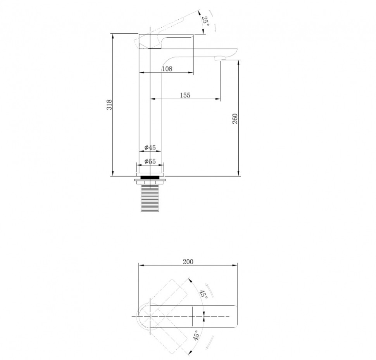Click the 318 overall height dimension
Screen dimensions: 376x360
pos(109,105)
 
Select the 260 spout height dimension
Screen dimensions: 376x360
pos(235,119)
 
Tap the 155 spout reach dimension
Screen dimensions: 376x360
pos(185,95)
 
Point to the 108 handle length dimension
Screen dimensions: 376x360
pos(167,69)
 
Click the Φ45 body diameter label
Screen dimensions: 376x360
pos(150,147)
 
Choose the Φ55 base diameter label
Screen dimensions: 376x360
pos(150,162)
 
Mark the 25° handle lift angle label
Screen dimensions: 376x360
pos(205,22)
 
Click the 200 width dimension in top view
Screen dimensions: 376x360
pos(188,262)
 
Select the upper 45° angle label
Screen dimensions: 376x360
pos(204,294)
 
